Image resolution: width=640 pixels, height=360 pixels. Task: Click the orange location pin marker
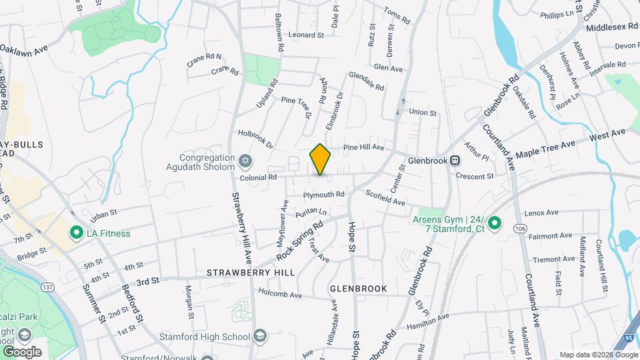point(321,159)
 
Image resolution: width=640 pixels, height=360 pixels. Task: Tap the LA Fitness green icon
point(76,233)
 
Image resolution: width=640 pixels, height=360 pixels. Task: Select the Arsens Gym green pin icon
point(494,223)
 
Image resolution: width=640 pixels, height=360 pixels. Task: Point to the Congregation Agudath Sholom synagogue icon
point(246,161)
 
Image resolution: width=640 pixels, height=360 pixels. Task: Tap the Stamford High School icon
point(259,335)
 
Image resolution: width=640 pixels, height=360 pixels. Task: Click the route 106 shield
point(519,229)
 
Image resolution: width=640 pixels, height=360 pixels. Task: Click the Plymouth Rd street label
point(323,195)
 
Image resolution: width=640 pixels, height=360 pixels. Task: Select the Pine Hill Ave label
point(363,147)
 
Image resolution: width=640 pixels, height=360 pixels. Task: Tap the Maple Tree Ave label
point(545,148)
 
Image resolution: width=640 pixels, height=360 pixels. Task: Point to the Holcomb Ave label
point(281,295)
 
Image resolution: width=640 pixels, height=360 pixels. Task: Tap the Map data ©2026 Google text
point(597,355)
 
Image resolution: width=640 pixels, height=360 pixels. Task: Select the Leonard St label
point(306,35)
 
